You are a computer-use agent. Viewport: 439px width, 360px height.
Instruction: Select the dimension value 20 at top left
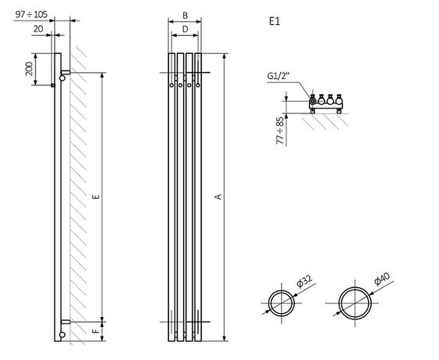[x=38, y=28]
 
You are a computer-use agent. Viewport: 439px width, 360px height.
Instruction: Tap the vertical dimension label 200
[x=30, y=70]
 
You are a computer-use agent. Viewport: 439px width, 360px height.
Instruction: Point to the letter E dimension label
[x=94, y=196]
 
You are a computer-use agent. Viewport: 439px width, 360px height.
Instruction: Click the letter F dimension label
[x=94, y=333]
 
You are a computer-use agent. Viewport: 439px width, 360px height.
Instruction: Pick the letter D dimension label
[x=184, y=28]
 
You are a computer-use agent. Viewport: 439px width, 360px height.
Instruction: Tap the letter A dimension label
[x=218, y=198]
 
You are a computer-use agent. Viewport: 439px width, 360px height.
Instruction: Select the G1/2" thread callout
[x=276, y=76]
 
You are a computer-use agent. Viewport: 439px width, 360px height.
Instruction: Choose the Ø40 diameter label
[x=382, y=279]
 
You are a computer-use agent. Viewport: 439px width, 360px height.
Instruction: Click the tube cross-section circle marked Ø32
[x=279, y=301]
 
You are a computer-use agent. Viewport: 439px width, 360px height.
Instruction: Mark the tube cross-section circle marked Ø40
[x=355, y=302]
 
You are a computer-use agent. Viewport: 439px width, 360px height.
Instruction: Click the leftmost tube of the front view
[x=171, y=196]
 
